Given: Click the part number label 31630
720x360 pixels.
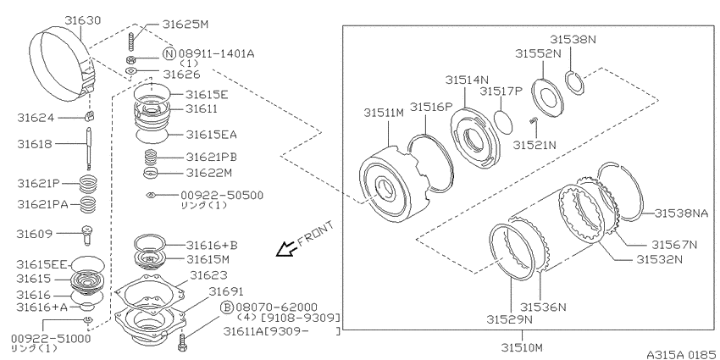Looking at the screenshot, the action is pyautogui.click(x=83, y=20).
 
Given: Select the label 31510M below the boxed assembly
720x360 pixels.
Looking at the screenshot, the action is pyautogui.click(x=522, y=346).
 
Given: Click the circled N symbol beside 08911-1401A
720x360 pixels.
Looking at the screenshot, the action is pyautogui.click(x=169, y=53).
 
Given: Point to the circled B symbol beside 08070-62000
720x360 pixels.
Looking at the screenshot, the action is pyautogui.click(x=227, y=307).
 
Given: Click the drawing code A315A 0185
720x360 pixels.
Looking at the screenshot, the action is pyautogui.click(x=681, y=354).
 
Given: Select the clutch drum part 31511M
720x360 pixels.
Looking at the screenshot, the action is pyautogui.click(x=392, y=184).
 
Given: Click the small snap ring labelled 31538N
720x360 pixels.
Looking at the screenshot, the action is pyautogui.click(x=574, y=83).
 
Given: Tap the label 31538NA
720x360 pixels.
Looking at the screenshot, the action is pyautogui.click(x=681, y=213).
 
